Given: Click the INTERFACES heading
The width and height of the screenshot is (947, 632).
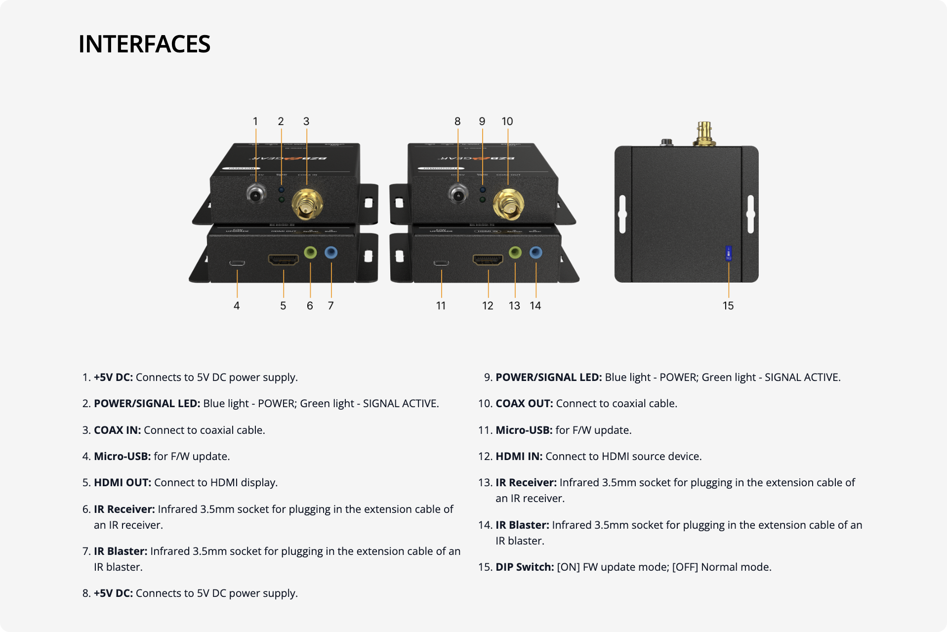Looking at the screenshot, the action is point(144,44).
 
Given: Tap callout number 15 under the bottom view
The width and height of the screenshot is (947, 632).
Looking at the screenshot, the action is point(728,306).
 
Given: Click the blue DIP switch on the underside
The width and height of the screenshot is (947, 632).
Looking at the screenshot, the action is point(728,253).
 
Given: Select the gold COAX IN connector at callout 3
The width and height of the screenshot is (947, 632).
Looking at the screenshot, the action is point(307,205).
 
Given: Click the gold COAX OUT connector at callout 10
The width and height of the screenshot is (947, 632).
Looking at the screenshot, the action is point(508,205).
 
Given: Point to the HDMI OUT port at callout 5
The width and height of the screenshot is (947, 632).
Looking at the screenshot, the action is point(283,259).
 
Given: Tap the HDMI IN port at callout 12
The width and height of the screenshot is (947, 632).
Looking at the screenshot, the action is point(488,259).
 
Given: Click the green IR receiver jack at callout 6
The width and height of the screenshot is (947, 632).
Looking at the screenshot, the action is point(310,253).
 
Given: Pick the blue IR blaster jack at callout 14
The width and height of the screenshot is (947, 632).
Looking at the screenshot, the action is point(535,253).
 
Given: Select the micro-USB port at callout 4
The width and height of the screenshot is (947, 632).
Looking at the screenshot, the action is point(237,262).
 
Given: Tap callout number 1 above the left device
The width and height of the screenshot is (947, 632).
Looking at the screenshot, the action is point(255,122).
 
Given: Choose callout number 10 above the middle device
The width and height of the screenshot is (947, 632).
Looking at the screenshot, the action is point(507,122).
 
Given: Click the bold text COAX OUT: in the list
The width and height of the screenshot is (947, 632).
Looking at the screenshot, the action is point(524,404).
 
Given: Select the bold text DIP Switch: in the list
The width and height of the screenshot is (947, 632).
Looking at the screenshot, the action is point(525,567).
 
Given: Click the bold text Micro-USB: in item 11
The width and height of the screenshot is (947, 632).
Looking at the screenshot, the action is point(524,430).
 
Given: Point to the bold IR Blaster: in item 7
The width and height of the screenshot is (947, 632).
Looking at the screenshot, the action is point(121,551).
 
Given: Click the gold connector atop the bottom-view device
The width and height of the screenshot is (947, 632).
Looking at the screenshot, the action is point(704,134).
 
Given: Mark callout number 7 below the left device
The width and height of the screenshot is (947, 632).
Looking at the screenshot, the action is point(330,306).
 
